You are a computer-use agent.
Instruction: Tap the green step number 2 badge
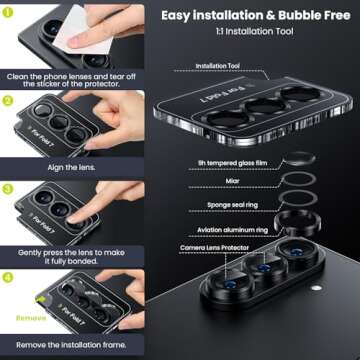pyautogui.click(x=9, y=101)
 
